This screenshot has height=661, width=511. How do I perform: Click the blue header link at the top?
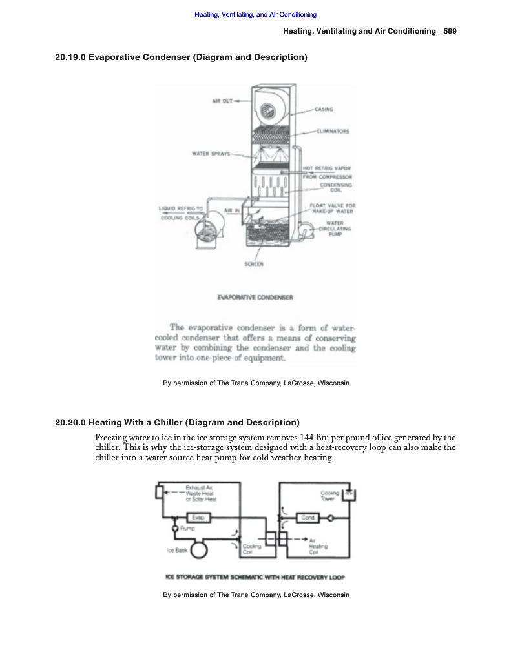tap(255, 14)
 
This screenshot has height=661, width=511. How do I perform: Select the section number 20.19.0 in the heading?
tap(70, 57)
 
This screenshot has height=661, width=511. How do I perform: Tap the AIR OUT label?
tap(222, 101)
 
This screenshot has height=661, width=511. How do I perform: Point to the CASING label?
tap(324, 110)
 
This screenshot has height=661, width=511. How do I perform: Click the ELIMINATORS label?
tap(333, 131)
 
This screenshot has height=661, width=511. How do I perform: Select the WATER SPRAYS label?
tap(211, 153)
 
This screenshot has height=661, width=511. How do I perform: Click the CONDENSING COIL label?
tap(336, 187)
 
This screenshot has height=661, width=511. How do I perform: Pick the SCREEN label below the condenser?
tap(254, 263)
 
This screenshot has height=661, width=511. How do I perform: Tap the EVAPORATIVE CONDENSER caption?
tap(255, 298)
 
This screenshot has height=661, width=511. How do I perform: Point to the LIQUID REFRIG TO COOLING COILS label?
tap(181, 213)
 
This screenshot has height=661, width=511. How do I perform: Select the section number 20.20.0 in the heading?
tap(70, 423)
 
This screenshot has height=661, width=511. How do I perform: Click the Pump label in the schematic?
tap(187, 528)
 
